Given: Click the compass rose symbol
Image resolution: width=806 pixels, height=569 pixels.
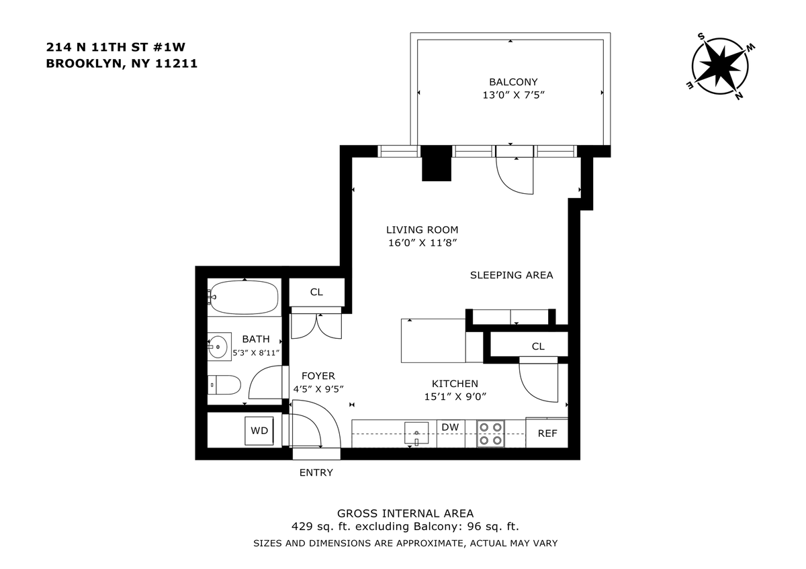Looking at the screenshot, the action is (720, 66).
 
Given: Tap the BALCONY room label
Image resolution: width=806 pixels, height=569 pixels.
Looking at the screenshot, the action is (513, 82).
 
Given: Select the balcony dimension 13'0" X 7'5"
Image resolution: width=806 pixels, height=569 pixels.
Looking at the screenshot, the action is (513, 95).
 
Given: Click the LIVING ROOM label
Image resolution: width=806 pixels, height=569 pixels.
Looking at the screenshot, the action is (422, 229).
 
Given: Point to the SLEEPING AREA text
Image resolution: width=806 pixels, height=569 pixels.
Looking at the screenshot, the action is (511, 275).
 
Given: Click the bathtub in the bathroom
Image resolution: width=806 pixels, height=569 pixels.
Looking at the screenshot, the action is (244, 297).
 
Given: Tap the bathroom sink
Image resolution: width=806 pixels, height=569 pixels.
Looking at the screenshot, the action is (218, 346).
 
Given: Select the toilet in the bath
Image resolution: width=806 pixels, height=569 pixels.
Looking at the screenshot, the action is (224, 384).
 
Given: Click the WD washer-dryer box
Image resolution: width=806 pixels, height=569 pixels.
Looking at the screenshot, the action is (259, 431).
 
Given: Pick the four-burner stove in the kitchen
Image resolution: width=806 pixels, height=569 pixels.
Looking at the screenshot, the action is (490, 433).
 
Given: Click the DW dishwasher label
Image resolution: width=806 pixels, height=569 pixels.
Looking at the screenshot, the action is (450, 427).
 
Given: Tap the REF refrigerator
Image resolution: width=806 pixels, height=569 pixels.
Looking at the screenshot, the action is (547, 433).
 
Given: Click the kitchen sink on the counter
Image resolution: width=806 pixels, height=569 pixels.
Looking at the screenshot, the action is (416, 433).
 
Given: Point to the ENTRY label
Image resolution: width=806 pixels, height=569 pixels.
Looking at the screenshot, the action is (316, 472).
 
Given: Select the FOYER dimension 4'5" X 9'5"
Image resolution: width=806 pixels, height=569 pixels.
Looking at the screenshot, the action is (318, 389).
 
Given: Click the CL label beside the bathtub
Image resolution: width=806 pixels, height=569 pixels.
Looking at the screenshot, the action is (316, 292).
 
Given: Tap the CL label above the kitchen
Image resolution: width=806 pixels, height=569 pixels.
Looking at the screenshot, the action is (538, 346).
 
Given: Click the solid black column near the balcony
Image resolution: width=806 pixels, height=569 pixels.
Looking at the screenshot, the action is (437, 163).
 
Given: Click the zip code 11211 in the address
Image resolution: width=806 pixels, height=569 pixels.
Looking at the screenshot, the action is (176, 64).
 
